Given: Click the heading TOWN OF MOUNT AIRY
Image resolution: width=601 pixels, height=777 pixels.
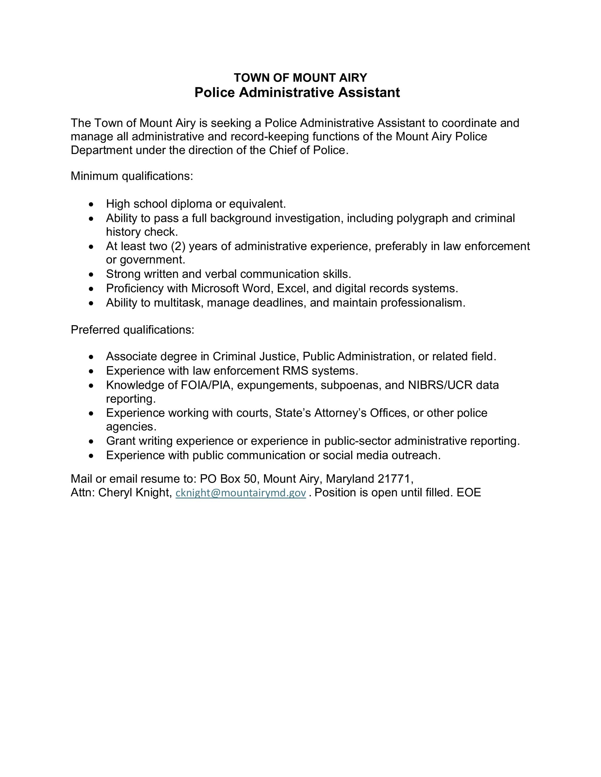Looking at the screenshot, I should pyautogui.click(x=300, y=78).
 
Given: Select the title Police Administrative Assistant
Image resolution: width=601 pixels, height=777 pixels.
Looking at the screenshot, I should pyautogui.click(x=297, y=93).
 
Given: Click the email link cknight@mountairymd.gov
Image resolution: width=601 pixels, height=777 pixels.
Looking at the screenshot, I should pyautogui.click(x=241, y=493).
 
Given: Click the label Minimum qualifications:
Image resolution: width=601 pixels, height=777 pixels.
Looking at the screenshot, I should pyautogui.click(x=132, y=176).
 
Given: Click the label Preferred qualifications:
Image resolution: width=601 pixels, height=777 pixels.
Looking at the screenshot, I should pyautogui.click(x=133, y=330).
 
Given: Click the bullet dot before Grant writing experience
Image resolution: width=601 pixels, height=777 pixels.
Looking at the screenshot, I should pyautogui.click(x=92, y=441).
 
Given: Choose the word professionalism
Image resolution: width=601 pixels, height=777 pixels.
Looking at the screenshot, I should pyautogui.click(x=423, y=303).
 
